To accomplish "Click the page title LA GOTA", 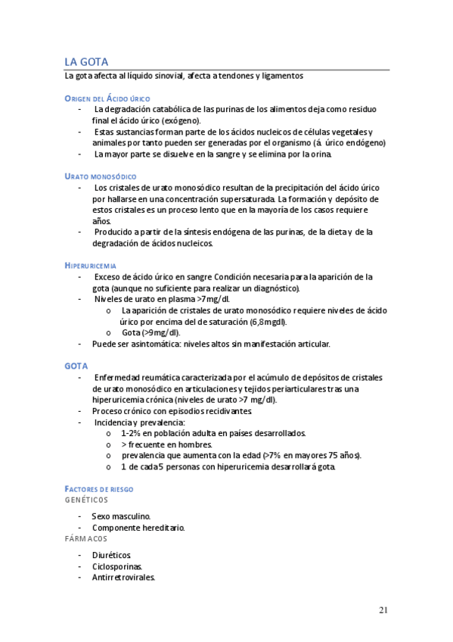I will tap(86, 61).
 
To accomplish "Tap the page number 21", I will tap(383, 610).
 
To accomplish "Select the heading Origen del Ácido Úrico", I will tap(107, 98).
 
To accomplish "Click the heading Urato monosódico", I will tap(101, 176).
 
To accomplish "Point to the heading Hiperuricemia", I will tap(91, 266).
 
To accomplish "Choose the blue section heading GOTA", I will tap(76, 366).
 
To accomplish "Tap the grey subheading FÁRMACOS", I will tap(85, 538).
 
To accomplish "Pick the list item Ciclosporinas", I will tap(116, 566).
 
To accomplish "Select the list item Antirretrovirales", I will tap(123, 577).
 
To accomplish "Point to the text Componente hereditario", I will tap(138, 528).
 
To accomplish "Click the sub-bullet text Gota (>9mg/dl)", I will tap(151, 333).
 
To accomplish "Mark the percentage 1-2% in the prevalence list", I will tap(133, 433).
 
